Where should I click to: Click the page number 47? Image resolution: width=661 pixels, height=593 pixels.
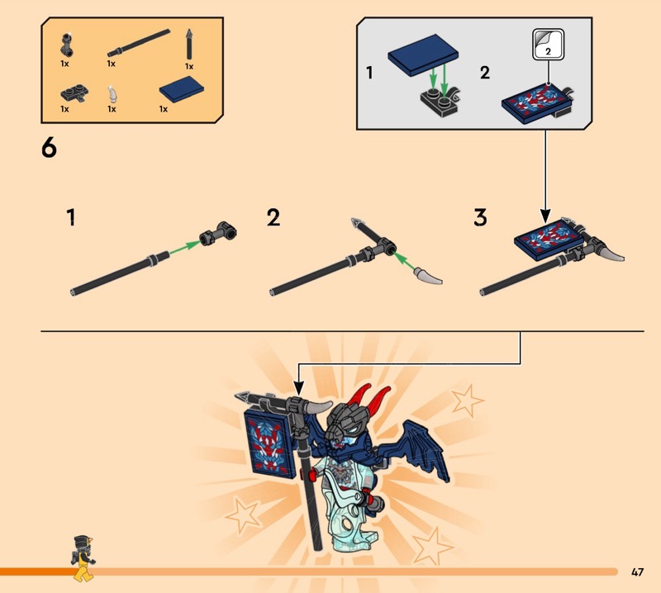pos(637,572)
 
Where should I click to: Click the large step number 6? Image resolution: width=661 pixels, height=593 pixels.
pos(49,149)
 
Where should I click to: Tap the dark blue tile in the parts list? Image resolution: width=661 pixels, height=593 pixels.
pos(181,89)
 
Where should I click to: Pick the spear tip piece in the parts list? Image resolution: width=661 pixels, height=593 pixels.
pos(189,44)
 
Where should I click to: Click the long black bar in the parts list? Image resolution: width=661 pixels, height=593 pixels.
pos(139,43)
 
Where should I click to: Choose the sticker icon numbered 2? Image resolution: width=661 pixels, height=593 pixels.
pos(548,45)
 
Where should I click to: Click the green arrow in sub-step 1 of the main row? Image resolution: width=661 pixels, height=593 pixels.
pos(185,248)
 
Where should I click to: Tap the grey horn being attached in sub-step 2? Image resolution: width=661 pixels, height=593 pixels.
pos(428,277)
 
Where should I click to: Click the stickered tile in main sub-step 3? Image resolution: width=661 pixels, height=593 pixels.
pos(549,240)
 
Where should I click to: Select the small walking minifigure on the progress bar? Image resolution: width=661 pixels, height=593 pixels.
pos(83,558)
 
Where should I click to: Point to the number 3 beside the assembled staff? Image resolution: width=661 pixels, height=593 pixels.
pos(480,217)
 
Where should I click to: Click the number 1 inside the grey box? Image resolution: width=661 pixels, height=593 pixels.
pos(369,73)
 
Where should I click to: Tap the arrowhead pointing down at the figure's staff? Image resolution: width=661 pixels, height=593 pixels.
pos(298,387)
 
